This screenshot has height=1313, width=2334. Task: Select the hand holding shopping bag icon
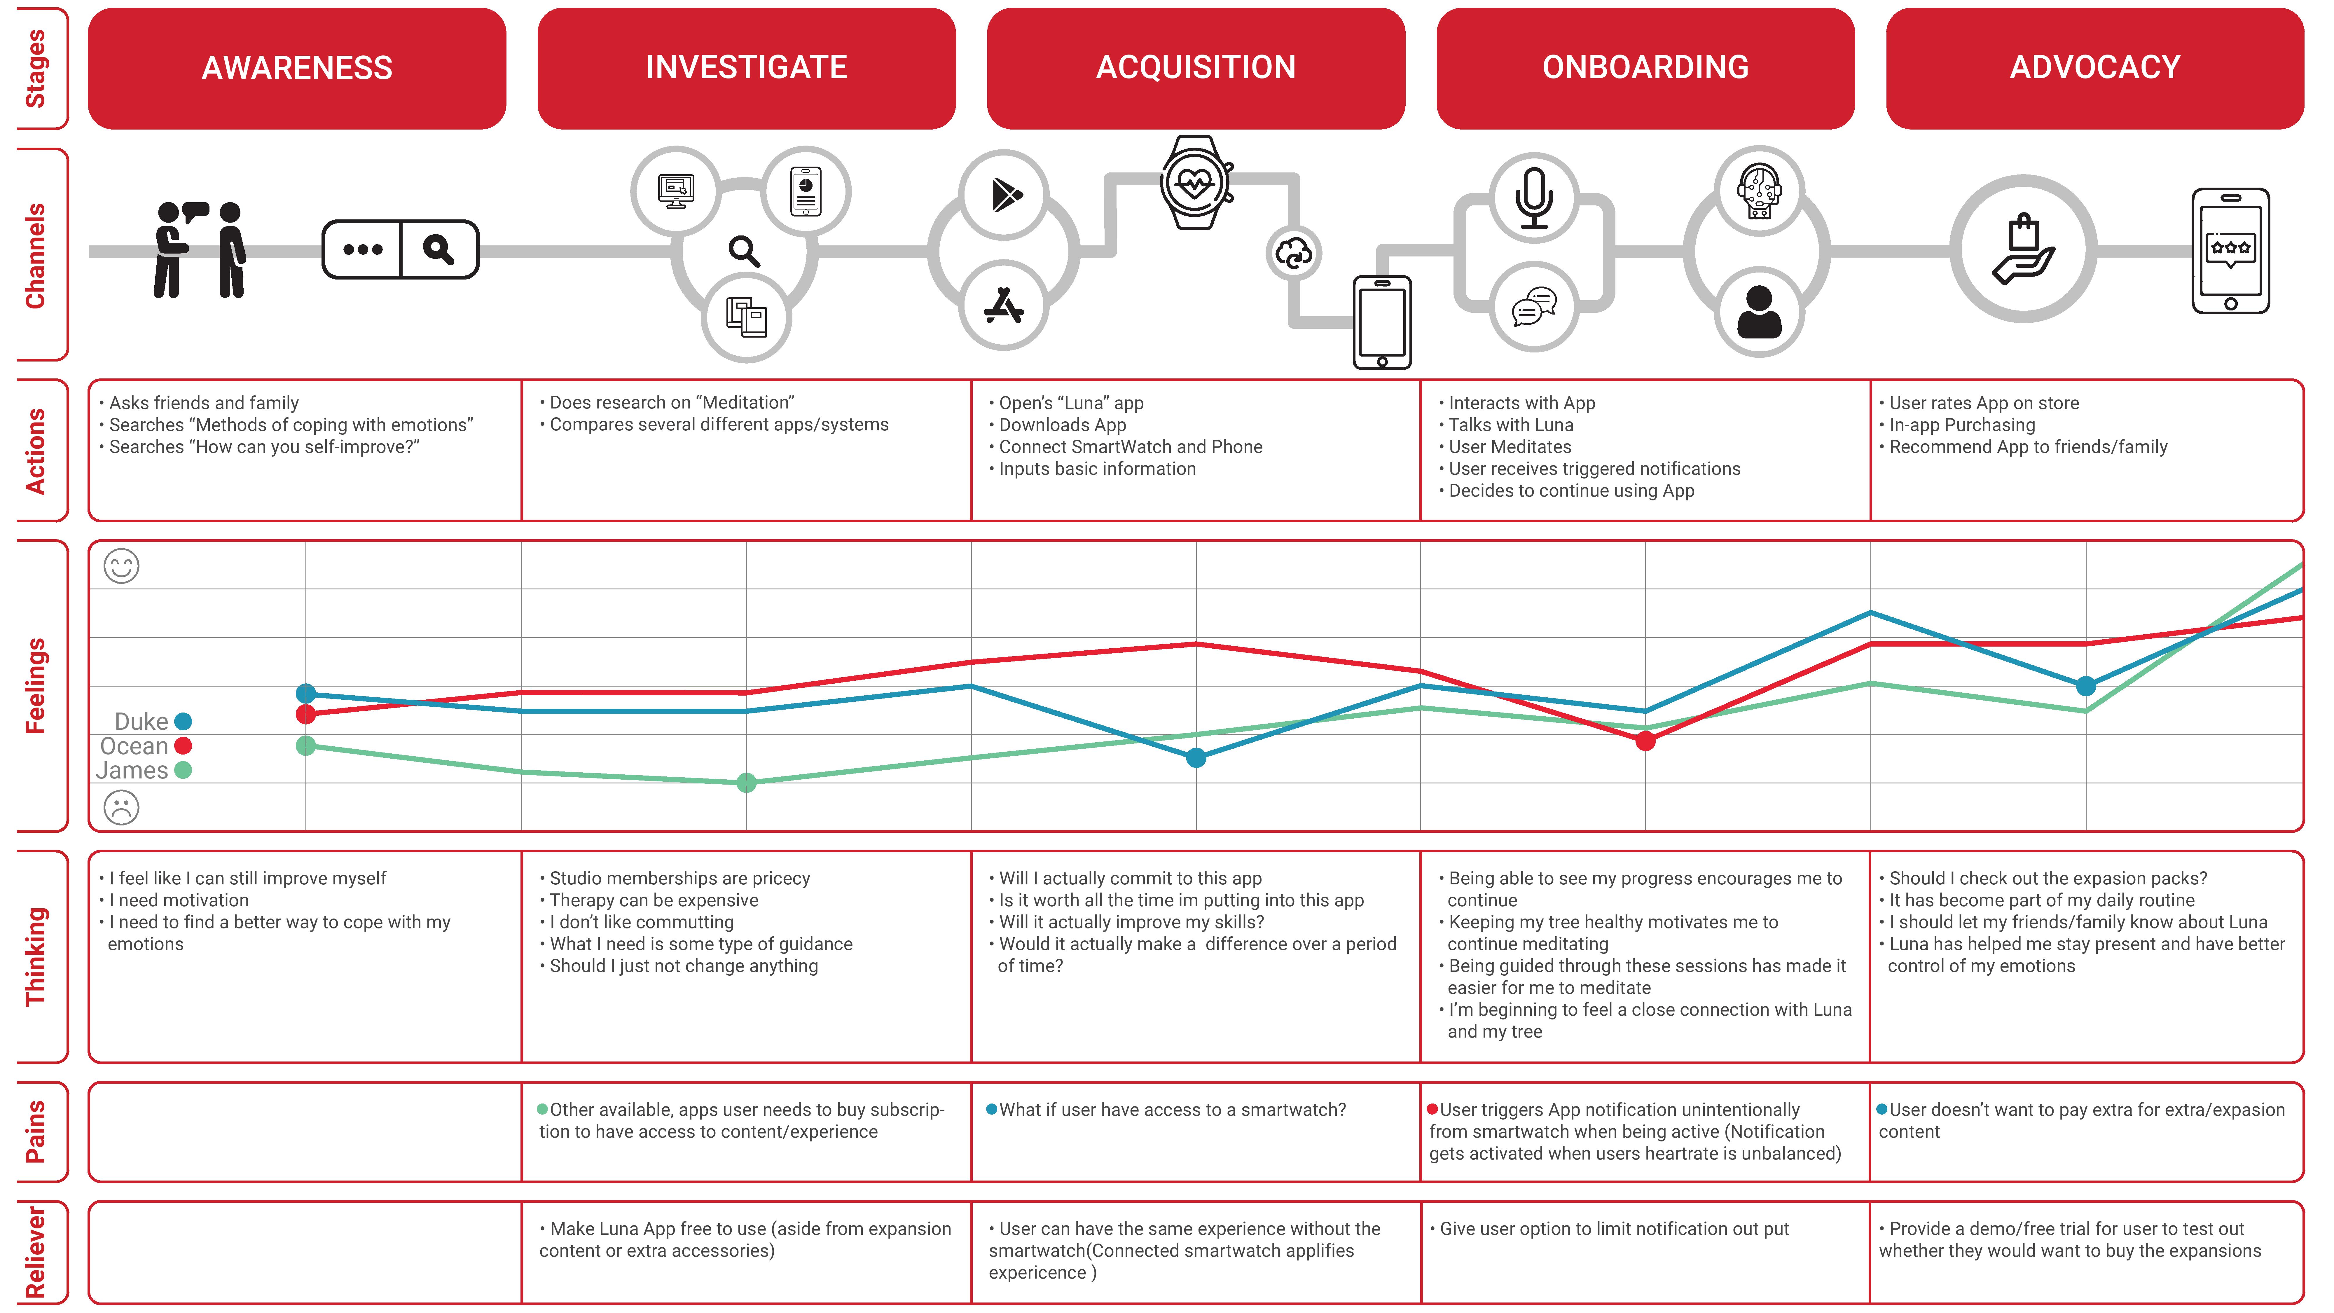[x=2023, y=249]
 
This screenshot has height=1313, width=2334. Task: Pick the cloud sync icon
[x=1293, y=254]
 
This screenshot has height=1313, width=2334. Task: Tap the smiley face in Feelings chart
[x=121, y=566]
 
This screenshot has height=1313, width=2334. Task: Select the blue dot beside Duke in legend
[x=183, y=721]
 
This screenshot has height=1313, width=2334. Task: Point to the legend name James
[x=132, y=770]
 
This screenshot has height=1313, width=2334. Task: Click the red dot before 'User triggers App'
[x=1432, y=1109]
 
